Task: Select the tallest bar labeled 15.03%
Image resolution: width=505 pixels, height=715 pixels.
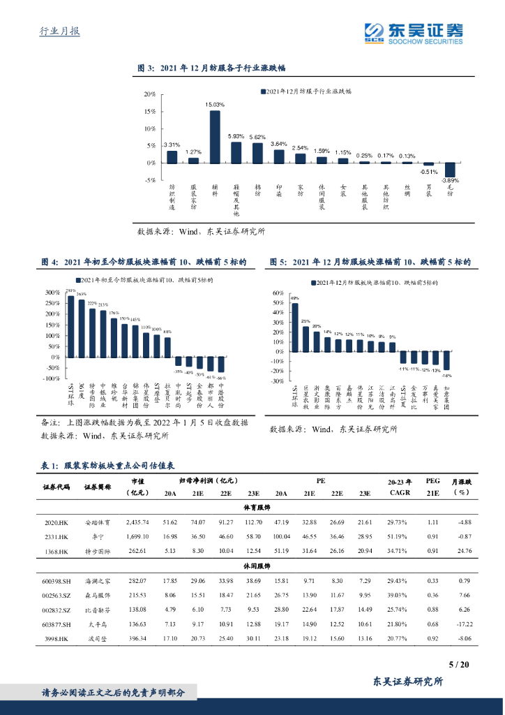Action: pyautogui.click(x=215, y=136)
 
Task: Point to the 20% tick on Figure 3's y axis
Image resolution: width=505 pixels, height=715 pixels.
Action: pyautogui.click(x=150, y=94)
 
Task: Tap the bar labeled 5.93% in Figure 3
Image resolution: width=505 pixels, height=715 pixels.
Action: pyautogui.click(x=236, y=152)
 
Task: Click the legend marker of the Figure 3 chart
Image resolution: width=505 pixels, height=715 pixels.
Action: pyautogui.click(x=263, y=91)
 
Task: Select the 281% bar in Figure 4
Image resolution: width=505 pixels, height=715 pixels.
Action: pyautogui.click(x=70, y=326)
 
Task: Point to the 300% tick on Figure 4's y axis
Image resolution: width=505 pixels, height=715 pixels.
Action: pyautogui.click(x=51, y=293)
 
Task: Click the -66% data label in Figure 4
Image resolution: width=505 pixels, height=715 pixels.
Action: pyautogui.click(x=221, y=377)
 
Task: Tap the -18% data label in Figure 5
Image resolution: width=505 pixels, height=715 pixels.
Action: pyautogui.click(x=447, y=375)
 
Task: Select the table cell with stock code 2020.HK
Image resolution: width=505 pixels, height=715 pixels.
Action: pyautogui.click(x=54, y=522)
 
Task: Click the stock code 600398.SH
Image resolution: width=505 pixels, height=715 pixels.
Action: pyautogui.click(x=56, y=580)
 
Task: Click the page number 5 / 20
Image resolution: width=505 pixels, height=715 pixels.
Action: pyautogui.click(x=459, y=665)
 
